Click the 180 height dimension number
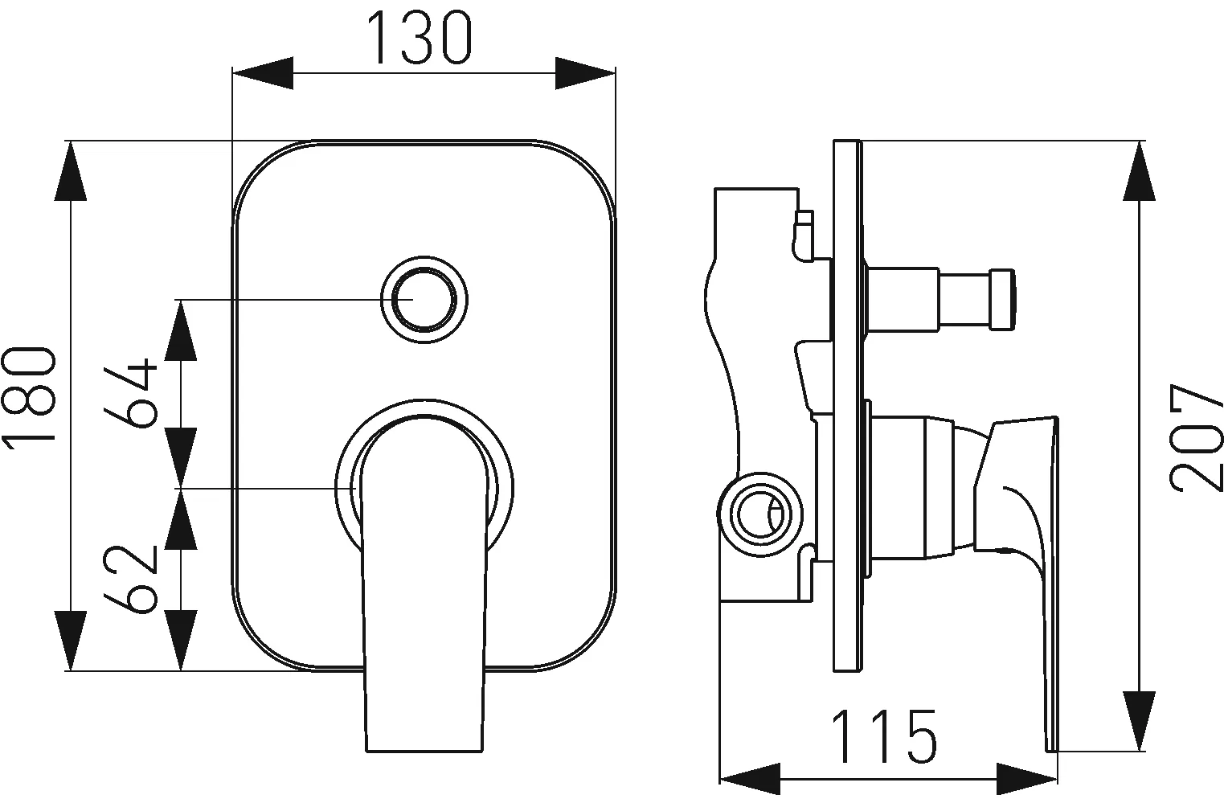tap(30, 397)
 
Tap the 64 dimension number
tap(131, 393)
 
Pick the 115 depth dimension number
tap(883, 736)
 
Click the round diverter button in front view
tap(424, 300)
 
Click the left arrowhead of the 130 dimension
tap(263, 72)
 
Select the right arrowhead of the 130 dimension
tap(585, 72)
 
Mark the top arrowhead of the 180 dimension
tap(71, 171)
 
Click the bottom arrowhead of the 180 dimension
tap(71, 640)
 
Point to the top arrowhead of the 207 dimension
tap(1140, 171)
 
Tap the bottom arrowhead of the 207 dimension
tap(1140, 721)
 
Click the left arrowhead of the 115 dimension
tap(750, 779)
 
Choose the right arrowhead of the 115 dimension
tap(1027, 779)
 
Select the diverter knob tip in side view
tap(1003, 300)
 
